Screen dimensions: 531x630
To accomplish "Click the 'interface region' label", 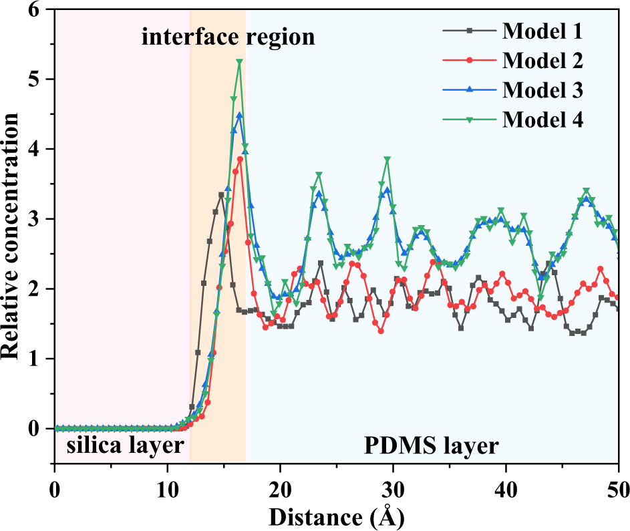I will pyautogui.click(x=228, y=37).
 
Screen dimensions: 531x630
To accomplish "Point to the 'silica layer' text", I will pyautogui.click(x=121, y=445).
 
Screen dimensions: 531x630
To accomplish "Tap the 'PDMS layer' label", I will pyautogui.click(x=431, y=445).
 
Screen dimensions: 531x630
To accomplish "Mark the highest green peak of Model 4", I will pyautogui.click(x=239, y=62).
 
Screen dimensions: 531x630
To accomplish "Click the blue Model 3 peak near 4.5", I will pyautogui.click(x=239, y=115).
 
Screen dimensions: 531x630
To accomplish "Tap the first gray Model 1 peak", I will pyautogui.click(x=221, y=194).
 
